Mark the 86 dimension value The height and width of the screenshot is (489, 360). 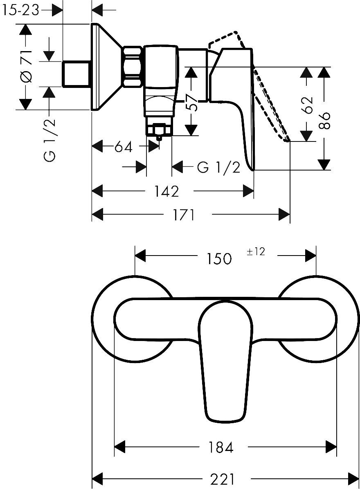(x=324, y=120)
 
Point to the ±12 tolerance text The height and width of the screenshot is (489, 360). (x=256, y=252)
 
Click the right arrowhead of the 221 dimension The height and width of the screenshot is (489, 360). (x=353, y=478)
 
